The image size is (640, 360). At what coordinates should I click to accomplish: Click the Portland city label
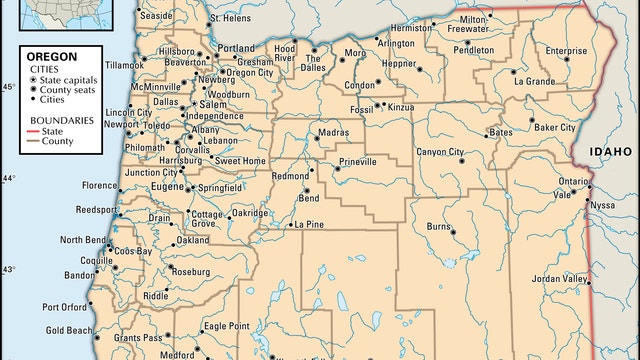[236, 48]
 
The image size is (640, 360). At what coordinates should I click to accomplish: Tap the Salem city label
[213, 104]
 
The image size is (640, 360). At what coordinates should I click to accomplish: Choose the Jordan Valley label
[560, 277]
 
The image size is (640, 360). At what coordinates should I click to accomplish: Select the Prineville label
[358, 160]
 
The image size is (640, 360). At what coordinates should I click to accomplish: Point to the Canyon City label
[440, 152]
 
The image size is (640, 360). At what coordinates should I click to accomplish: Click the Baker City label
[554, 128]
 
